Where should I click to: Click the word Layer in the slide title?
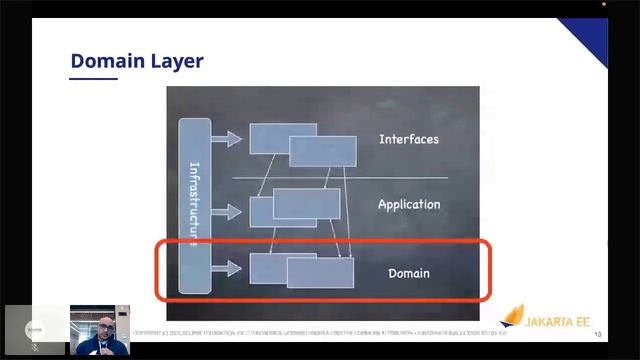coord(177,61)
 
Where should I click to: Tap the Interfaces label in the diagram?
coord(408,139)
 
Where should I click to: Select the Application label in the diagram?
coord(408,204)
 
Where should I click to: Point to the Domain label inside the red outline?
coord(408,273)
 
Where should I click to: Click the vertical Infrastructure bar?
coord(194,205)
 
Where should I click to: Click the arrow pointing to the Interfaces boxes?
coord(227,138)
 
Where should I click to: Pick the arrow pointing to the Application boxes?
coord(227,212)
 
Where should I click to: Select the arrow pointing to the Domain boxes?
coord(227,268)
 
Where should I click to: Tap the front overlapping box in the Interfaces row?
coord(322,151)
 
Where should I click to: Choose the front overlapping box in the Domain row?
coord(320,273)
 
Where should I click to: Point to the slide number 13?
coord(597,334)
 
